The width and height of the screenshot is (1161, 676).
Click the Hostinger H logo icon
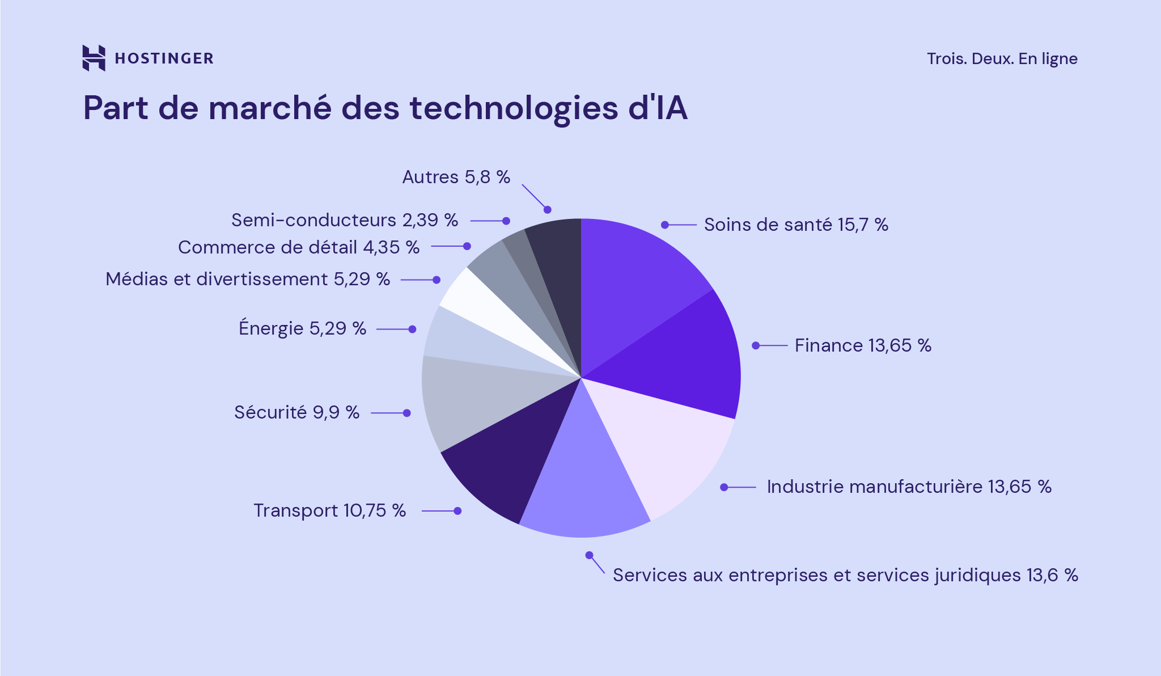94,58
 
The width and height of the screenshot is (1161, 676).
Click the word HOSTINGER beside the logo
164,58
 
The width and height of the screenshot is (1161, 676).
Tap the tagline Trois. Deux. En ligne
1002,59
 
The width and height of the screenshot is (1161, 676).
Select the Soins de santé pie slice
635,278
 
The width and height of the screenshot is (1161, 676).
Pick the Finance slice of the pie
680,357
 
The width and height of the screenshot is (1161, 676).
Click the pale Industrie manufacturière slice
663,448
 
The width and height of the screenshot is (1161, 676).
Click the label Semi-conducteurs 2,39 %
345,220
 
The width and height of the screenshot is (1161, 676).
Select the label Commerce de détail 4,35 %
299,247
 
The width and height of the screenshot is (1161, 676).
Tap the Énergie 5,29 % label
302,328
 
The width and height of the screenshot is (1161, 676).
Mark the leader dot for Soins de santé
665,225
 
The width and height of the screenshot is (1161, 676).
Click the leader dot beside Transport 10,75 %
457,511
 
